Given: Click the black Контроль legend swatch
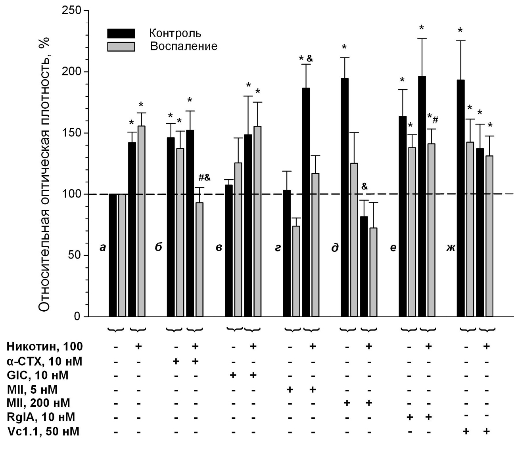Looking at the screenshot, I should point(121,33).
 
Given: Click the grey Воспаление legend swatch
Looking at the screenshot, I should point(121,46).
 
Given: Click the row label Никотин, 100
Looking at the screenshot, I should point(45,347).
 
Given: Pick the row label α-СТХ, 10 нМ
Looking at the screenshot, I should point(45,361).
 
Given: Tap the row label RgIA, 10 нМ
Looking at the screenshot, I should point(41,417).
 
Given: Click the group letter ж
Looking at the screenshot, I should point(451,248).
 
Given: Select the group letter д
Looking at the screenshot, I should point(335,248).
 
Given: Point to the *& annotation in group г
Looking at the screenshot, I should point(306,59).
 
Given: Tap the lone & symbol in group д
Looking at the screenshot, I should point(364,186).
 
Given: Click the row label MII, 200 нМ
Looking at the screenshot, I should point(38,403).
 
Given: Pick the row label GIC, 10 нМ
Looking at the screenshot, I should point(38,375).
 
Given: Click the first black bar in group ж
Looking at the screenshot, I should point(461,198).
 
